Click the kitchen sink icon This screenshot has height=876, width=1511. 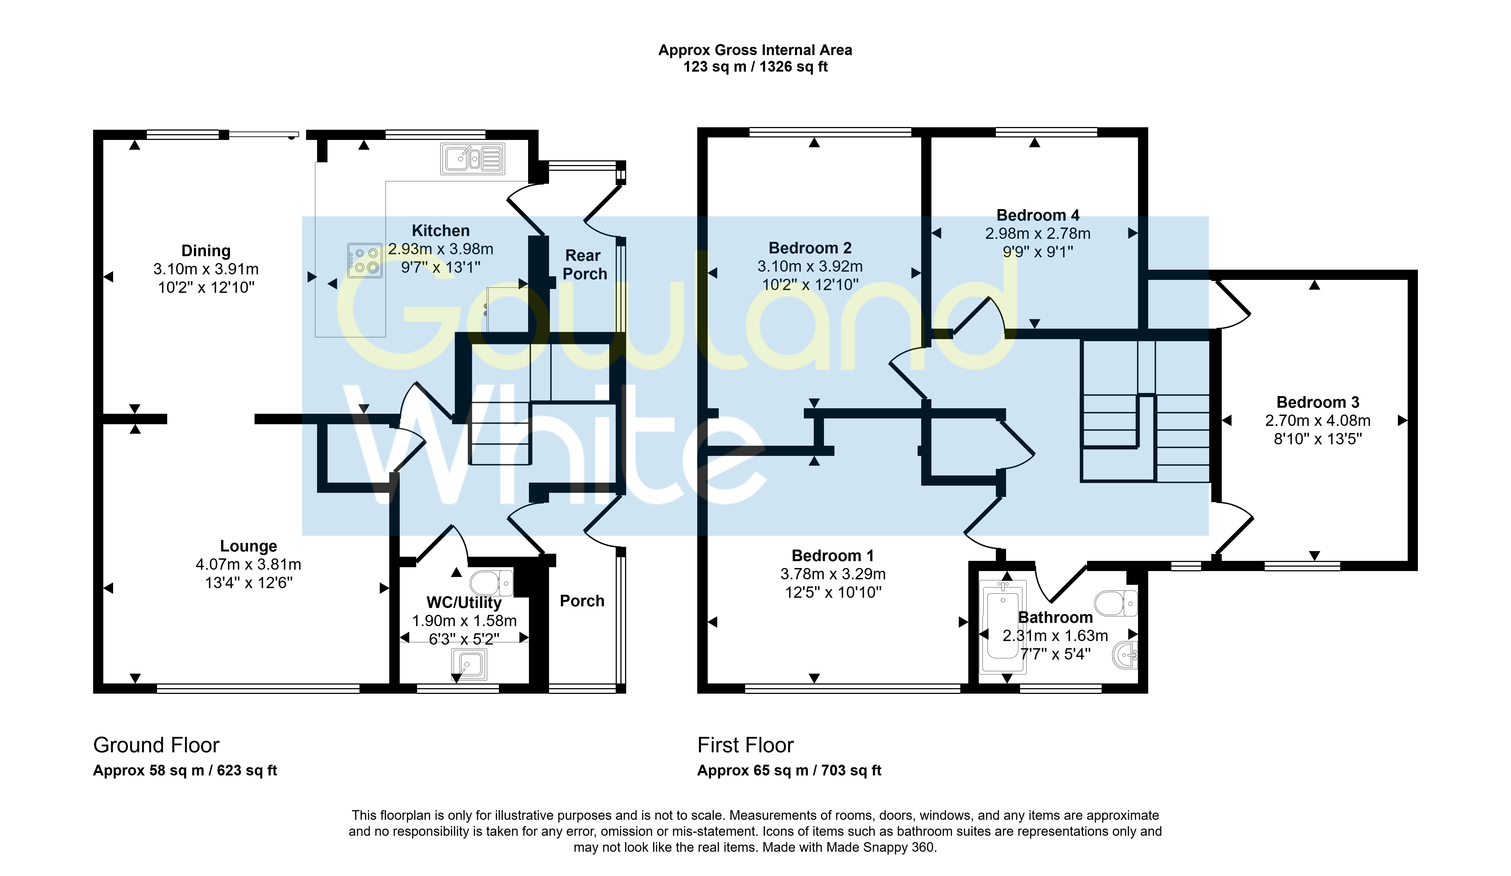(x=472, y=159)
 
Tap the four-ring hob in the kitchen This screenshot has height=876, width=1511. (x=364, y=260)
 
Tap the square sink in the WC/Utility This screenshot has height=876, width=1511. (x=469, y=664)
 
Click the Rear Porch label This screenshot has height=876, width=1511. (x=585, y=264)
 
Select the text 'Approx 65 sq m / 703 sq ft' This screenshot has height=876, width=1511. (x=789, y=770)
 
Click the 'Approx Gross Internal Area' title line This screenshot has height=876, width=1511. (x=755, y=50)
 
